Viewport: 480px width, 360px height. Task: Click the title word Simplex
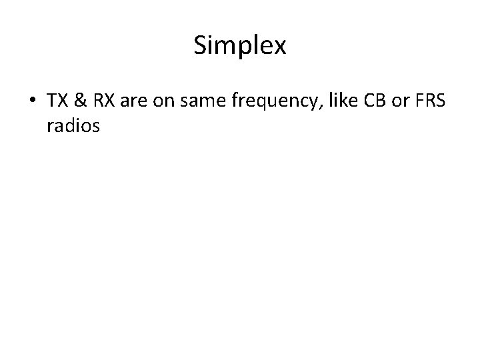[x=240, y=46]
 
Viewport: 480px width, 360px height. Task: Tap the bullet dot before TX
[x=33, y=101]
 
